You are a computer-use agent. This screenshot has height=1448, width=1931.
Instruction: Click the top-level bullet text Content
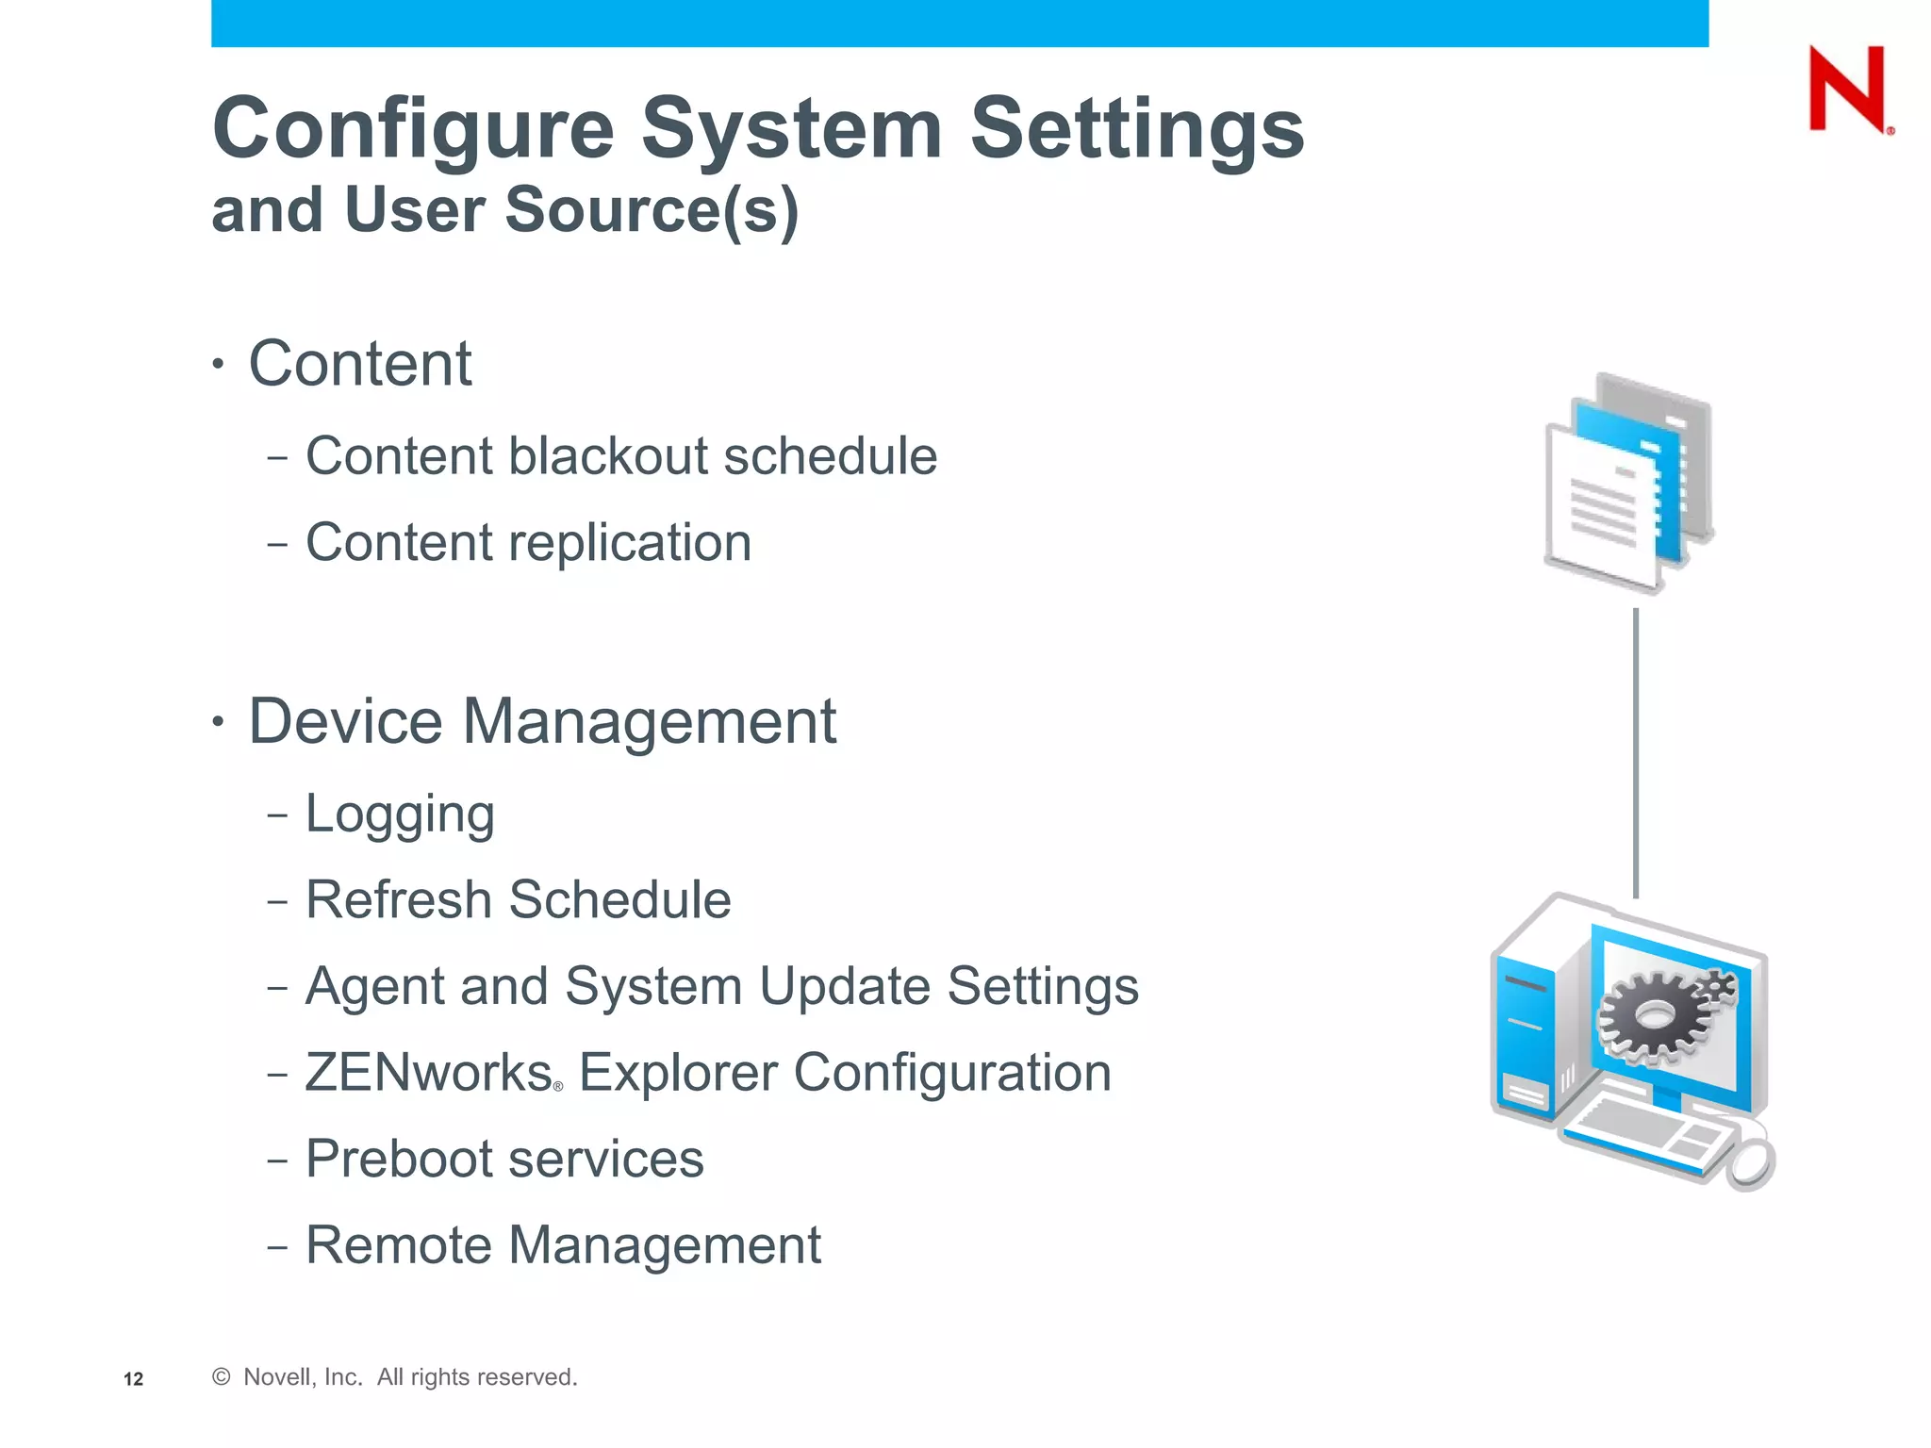[359, 363]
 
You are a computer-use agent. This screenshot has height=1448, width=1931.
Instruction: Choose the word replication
[630, 543]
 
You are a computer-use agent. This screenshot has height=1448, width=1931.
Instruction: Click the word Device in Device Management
[345, 721]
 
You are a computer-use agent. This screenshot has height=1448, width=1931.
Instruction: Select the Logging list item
[400, 814]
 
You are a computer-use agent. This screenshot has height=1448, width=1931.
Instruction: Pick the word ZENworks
[429, 1073]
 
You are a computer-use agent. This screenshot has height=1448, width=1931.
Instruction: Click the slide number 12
[134, 1379]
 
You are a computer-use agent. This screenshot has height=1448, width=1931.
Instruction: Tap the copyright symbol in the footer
[222, 1377]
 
